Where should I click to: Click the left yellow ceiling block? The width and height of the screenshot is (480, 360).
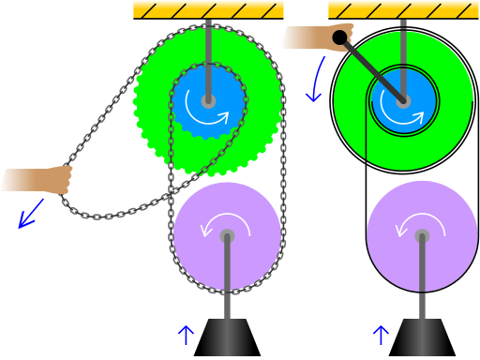(208, 9)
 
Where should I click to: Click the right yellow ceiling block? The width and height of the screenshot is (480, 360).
(403, 9)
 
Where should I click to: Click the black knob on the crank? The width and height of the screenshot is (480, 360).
(339, 37)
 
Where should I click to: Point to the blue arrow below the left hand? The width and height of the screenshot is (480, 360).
(30, 214)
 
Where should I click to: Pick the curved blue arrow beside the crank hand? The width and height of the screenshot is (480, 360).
(316, 81)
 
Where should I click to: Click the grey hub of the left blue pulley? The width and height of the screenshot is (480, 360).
(208, 101)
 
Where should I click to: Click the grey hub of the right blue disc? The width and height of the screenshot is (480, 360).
(403, 101)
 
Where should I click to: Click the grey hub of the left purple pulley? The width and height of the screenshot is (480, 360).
(227, 236)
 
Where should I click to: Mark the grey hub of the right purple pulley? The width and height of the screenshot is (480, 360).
(422, 236)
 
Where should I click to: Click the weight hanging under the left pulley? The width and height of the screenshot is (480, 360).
(227, 337)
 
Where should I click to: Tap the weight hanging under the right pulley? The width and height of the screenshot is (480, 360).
(422, 337)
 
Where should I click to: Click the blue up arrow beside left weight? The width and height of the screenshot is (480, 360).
(187, 335)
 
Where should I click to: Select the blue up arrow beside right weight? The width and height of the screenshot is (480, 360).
(382, 335)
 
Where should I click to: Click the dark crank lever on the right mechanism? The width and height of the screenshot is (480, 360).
(373, 70)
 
